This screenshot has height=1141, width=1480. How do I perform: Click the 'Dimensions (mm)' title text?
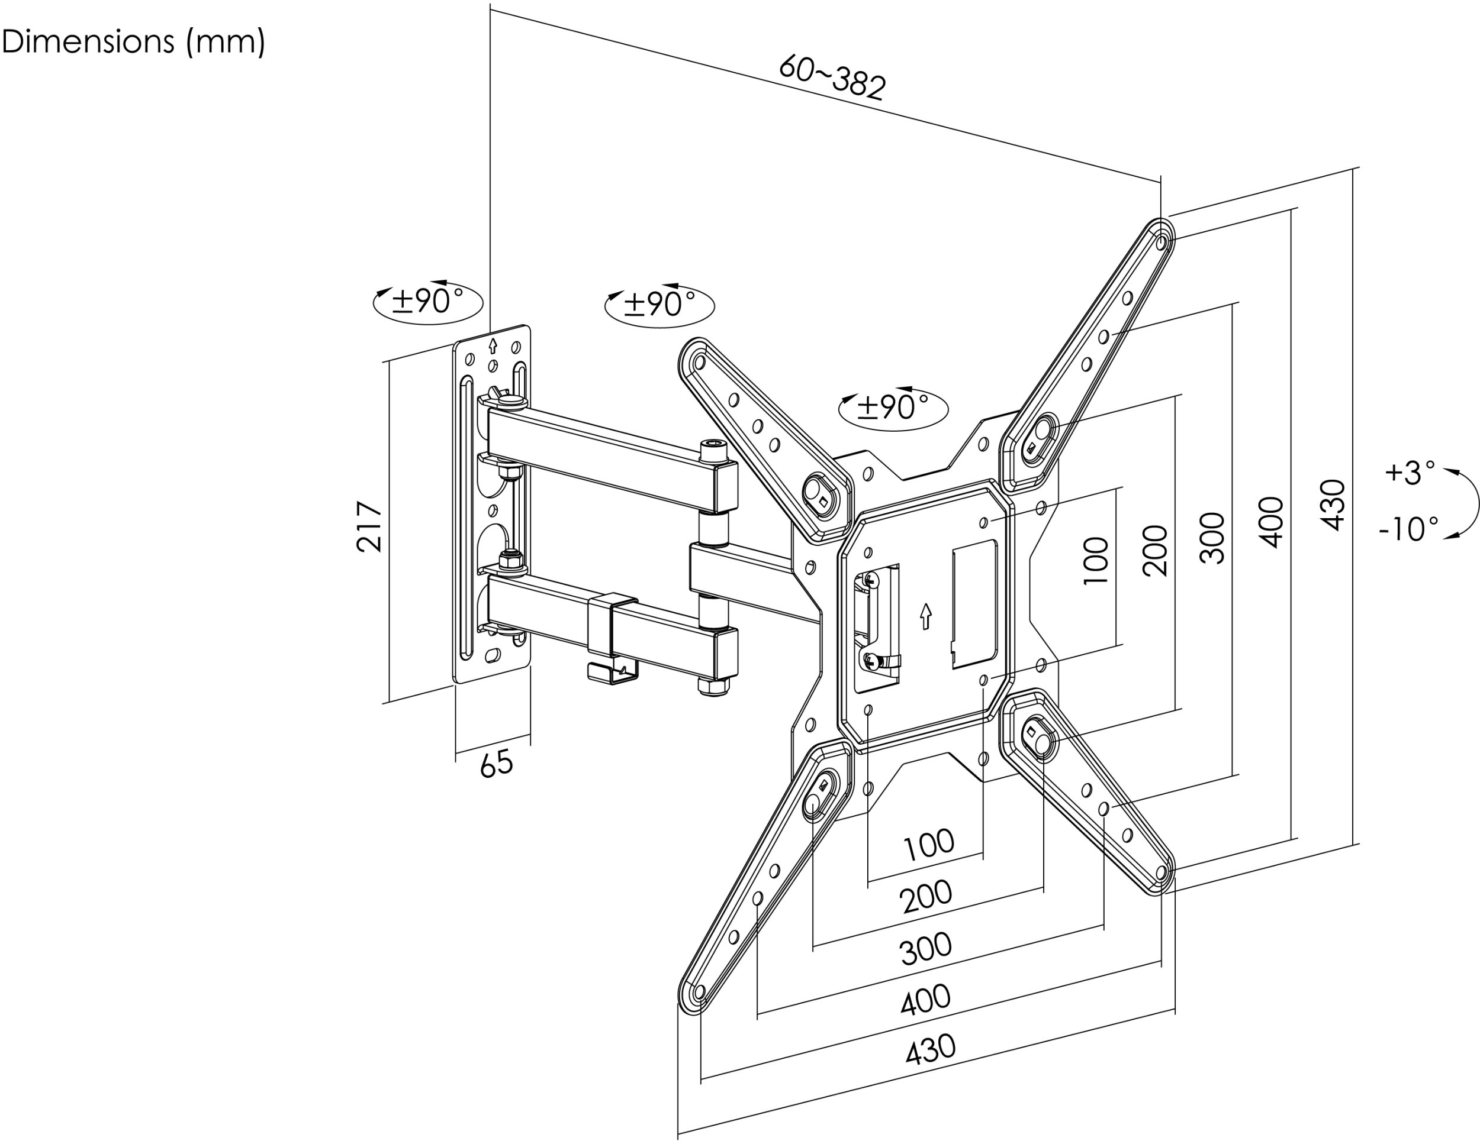point(133,42)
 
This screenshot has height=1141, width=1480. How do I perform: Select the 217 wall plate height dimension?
point(369,527)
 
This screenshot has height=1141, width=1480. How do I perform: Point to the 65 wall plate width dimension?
point(497,764)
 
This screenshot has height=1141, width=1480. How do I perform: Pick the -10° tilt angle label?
point(1408,528)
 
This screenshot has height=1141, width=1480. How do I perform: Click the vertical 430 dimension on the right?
point(1333,505)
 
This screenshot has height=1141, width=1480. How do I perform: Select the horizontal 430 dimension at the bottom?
point(931,1049)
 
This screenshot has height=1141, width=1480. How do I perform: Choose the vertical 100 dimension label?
point(1096,561)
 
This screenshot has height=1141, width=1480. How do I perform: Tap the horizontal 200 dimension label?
point(926,896)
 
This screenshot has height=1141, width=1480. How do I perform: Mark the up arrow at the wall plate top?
point(493,346)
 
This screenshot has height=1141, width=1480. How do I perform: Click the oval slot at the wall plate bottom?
point(494,655)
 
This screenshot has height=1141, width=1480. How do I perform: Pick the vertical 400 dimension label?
point(1273,522)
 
